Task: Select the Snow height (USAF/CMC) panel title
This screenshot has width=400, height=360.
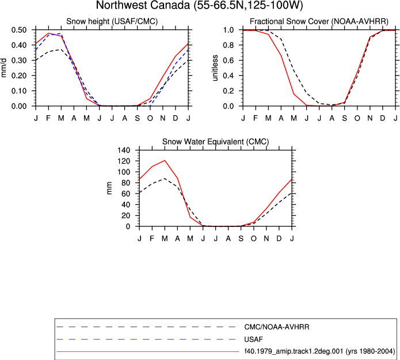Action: pyautogui.click(x=112, y=21)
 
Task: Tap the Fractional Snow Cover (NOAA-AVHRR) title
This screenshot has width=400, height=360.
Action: pyautogui.click(x=319, y=21)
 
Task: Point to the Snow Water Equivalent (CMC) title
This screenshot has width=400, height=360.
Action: pyautogui.click(x=216, y=142)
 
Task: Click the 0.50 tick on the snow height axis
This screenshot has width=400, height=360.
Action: pyautogui.click(x=19, y=30)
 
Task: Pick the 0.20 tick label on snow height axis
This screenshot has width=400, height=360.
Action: pyautogui.click(x=19, y=76)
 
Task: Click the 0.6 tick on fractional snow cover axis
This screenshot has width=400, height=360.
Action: pyautogui.click(x=228, y=60)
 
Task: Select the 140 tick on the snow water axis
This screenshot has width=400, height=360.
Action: pyautogui.click(x=124, y=150)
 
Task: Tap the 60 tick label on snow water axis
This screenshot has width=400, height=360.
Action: pyautogui.click(x=126, y=194)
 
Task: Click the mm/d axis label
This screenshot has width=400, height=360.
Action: pyautogui.click(x=3, y=68)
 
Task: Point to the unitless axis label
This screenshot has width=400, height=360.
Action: pyautogui.click(x=216, y=68)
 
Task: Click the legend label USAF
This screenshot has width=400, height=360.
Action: pyautogui.click(x=253, y=339)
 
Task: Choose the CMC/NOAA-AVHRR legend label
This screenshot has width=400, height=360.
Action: pyautogui.click(x=277, y=327)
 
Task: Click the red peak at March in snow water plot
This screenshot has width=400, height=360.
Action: pyautogui.click(x=165, y=161)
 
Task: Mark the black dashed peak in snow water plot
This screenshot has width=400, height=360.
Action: pyautogui.click(x=165, y=179)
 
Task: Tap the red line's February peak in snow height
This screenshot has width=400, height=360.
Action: pyautogui.click(x=48, y=33)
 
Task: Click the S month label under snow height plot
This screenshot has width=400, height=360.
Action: pyautogui.click(x=137, y=118)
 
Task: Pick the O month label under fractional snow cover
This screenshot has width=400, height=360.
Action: pyautogui.click(x=357, y=118)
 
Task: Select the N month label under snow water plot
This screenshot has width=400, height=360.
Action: pyautogui.click(x=266, y=238)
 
